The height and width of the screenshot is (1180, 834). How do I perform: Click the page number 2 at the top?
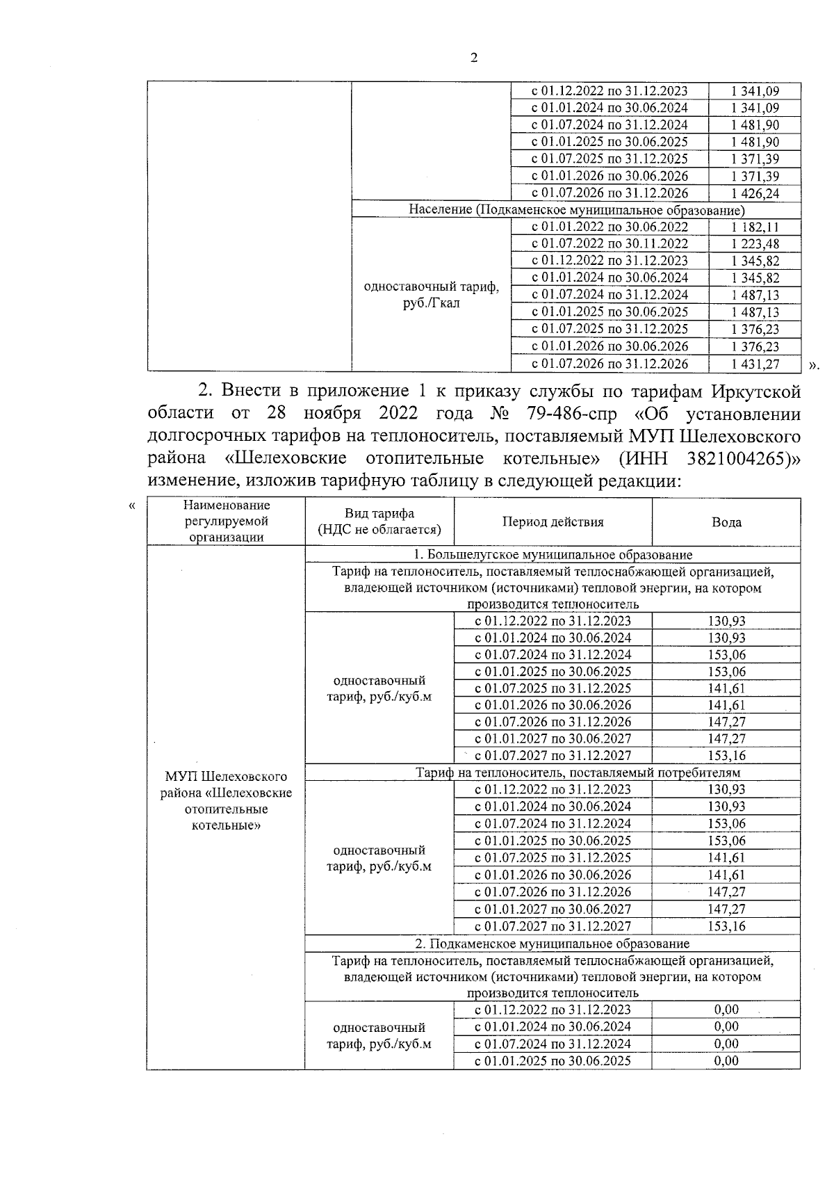coord(474,58)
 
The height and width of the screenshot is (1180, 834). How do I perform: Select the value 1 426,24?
coord(755,193)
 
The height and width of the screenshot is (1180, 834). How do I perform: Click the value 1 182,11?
coord(755,227)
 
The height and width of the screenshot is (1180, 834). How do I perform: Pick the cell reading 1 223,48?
coord(755,243)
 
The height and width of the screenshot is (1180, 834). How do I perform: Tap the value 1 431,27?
coord(755,364)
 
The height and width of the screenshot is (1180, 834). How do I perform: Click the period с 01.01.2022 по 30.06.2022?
coord(610,227)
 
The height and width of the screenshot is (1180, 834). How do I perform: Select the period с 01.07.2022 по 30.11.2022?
coord(610,243)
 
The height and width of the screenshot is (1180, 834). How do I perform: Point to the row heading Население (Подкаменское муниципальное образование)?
coord(576,210)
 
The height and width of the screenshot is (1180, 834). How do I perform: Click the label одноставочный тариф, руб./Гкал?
coord(431,295)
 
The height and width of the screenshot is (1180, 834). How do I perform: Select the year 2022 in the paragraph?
coord(398,413)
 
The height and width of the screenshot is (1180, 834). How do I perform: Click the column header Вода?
coord(726,522)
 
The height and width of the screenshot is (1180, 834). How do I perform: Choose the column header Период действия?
coord(553,522)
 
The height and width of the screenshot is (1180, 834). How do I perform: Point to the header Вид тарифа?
coord(379,514)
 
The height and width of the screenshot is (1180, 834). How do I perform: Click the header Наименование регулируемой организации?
coord(226,522)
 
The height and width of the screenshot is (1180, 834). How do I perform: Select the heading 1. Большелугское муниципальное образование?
coord(553,555)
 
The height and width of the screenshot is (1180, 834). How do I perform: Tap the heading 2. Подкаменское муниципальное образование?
coord(553,944)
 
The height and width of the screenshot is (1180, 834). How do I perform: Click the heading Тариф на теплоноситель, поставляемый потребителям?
coord(578,773)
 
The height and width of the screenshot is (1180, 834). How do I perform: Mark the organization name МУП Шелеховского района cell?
coord(226,801)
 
